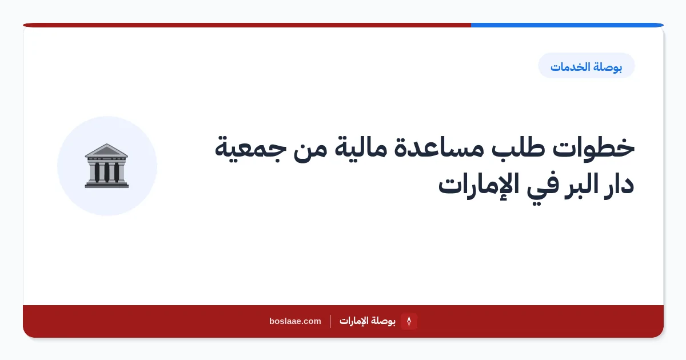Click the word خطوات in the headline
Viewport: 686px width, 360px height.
[593, 147]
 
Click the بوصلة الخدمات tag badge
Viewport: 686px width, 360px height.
[586, 66]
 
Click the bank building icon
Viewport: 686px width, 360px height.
[106, 166]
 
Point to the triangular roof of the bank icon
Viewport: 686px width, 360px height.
[106, 150]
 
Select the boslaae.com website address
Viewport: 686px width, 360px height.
[295, 321]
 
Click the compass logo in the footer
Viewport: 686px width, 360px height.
[409, 321]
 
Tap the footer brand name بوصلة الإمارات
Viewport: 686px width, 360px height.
[368, 321]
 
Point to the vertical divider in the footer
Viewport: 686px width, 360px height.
[330, 321]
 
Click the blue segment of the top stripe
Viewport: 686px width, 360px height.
[567, 25]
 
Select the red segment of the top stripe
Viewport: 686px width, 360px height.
[247, 25]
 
